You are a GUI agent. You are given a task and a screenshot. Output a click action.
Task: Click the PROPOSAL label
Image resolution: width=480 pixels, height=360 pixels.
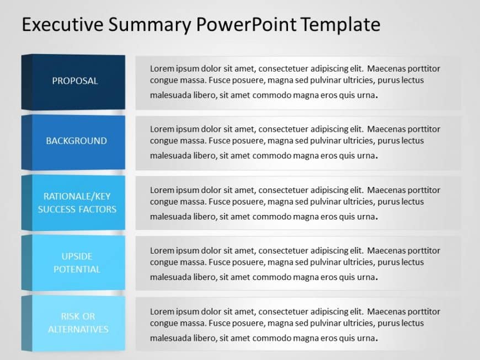point(75,80)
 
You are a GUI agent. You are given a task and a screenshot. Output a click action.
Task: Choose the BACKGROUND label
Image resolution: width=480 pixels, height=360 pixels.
point(76,141)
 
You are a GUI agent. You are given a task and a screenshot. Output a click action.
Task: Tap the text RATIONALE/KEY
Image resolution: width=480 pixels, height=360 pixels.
point(77,196)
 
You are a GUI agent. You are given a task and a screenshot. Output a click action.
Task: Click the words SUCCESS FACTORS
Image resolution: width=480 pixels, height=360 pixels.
point(77,209)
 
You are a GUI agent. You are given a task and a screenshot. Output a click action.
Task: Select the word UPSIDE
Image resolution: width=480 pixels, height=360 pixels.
point(77,256)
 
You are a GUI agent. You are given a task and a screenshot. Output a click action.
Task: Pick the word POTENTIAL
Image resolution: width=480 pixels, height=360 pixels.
point(77,269)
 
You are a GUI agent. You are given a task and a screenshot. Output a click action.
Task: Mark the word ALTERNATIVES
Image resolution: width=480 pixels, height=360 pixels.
point(78,329)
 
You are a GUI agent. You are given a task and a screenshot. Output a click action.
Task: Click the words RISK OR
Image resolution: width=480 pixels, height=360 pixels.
point(78,316)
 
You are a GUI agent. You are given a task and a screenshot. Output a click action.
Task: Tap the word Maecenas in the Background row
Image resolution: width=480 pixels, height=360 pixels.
point(386,129)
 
